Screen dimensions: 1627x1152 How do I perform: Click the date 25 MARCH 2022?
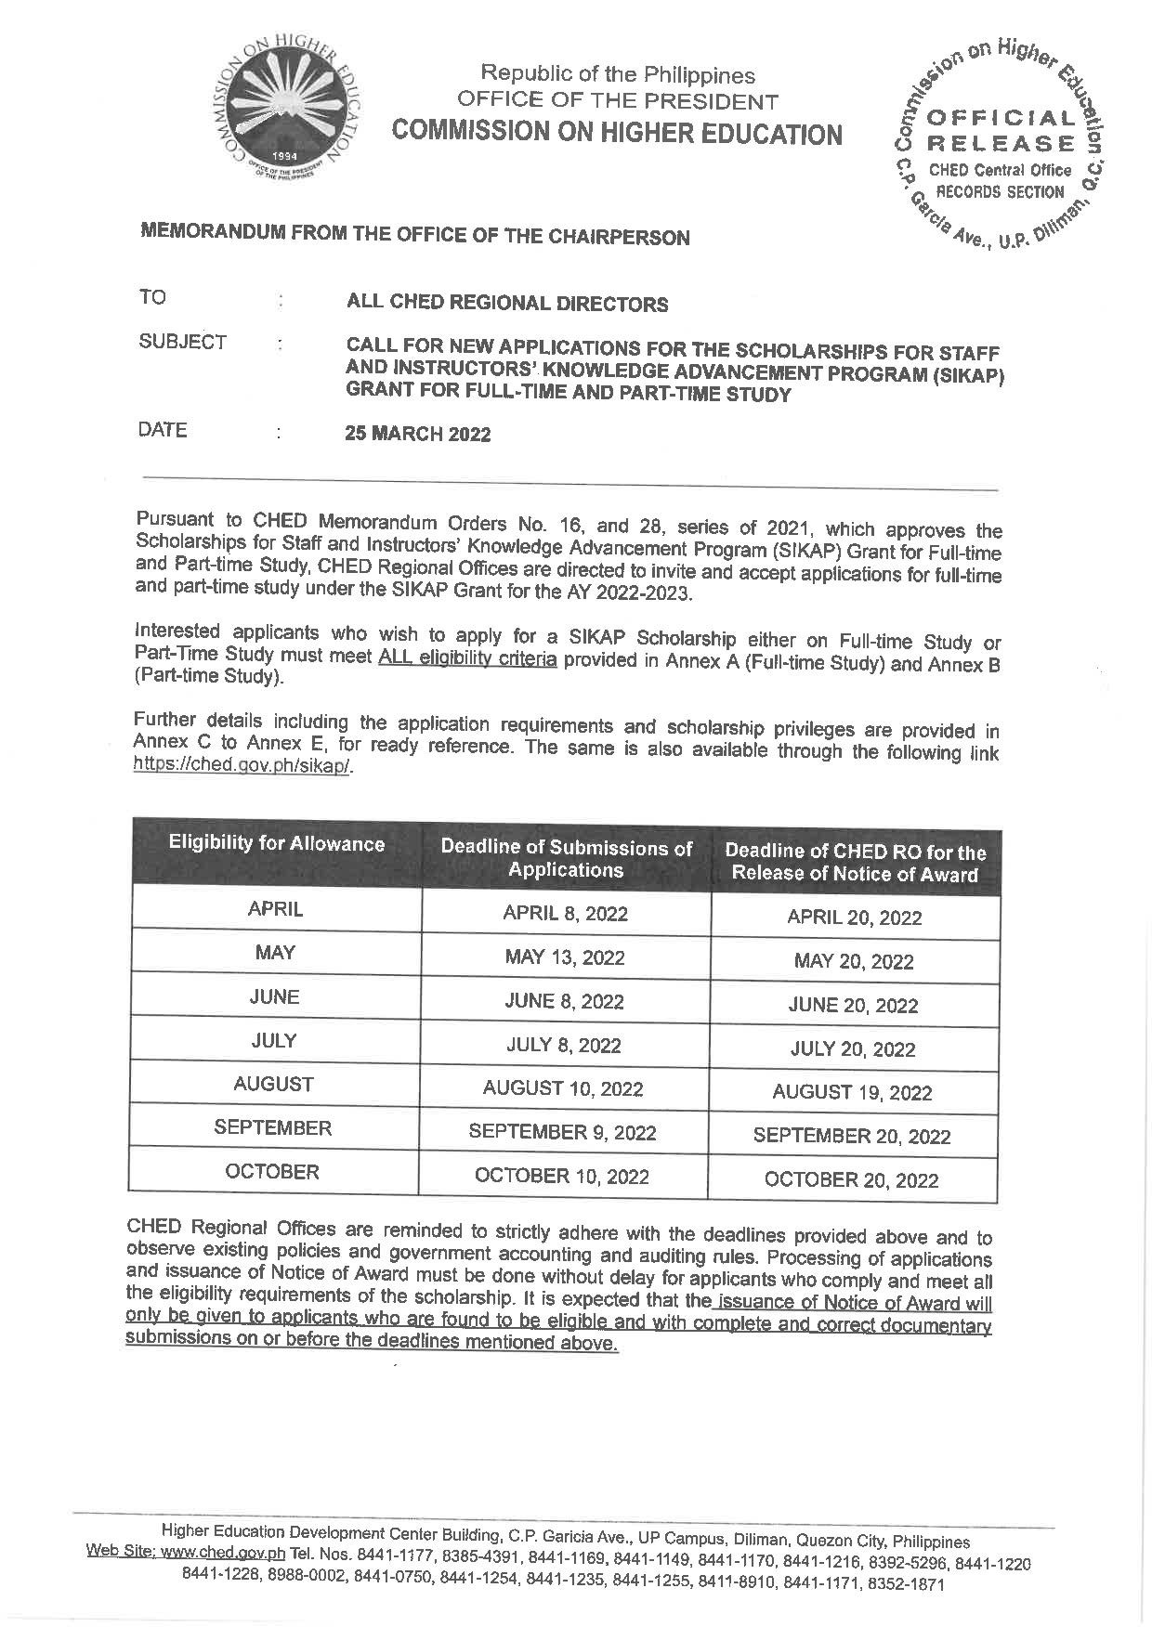click(x=418, y=434)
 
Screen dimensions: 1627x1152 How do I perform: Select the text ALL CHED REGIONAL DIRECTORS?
click(x=506, y=304)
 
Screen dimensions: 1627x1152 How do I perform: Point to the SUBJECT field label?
click(x=182, y=343)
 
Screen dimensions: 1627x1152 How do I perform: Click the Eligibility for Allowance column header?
click(x=276, y=844)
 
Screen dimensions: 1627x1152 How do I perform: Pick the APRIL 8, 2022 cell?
click(x=565, y=913)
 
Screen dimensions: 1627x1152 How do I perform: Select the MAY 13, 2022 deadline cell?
click(x=565, y=957)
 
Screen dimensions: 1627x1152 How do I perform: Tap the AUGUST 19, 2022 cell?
click(x=852, y=1093)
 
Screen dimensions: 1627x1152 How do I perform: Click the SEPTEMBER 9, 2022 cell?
click(x=562, y=1132)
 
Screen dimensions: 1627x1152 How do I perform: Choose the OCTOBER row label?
click(x=272, y=1172)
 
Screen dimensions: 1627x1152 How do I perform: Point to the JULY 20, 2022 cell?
click(x=853, y=1049)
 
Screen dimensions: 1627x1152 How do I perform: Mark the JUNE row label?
click(x=274, y=997)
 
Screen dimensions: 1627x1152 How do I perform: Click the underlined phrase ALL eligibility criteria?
click(x=467, y=660)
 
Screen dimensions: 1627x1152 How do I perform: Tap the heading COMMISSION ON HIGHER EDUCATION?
click(x=617, y=134)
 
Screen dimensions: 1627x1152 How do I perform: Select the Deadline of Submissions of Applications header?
click(x=566, y=859)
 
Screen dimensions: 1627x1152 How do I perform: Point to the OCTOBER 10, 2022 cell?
click(x=562, y=1177)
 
